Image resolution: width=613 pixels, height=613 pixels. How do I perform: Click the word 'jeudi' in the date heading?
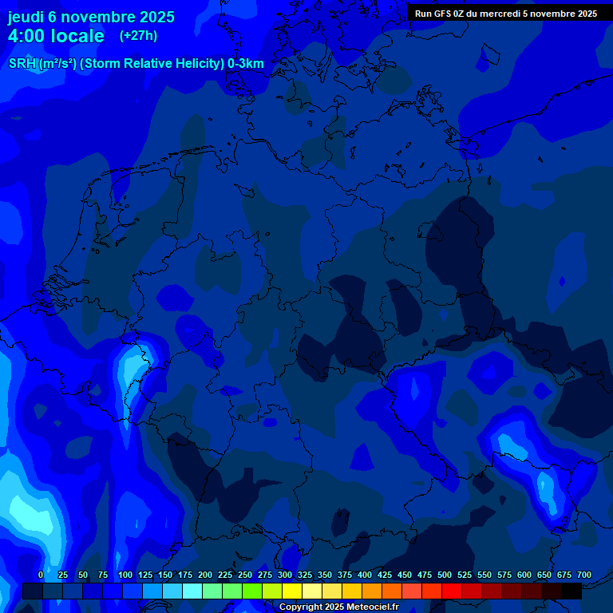click(x=26, y=17)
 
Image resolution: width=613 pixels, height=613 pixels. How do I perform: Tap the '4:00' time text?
click(x=27, y=36)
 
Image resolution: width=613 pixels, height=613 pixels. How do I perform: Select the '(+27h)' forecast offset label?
click(x=138, y=36)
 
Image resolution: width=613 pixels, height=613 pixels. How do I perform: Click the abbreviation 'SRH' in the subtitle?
click(x=22, y=64)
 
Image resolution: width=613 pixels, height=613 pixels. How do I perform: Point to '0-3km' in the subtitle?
click(x=246, y=64)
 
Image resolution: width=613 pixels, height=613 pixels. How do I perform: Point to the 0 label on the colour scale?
click(x=41, y=575)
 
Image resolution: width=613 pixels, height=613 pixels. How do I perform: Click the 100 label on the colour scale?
click(x=125, y=575)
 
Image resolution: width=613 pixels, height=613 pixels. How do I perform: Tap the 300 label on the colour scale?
click(x=285, y=575)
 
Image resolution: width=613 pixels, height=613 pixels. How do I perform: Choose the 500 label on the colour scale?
click(x=445, y=575)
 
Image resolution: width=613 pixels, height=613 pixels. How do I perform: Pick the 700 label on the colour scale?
click(x=584, y=575)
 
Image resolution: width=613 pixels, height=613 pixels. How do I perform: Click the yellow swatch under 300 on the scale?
click(x=292, y=591)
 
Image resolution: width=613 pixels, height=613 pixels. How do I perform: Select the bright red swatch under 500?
click(x=452, y=591)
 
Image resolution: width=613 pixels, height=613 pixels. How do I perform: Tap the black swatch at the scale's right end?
click(x=571, y=591)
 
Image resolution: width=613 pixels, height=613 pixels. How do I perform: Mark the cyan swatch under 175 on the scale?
click(x=192, y=591)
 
